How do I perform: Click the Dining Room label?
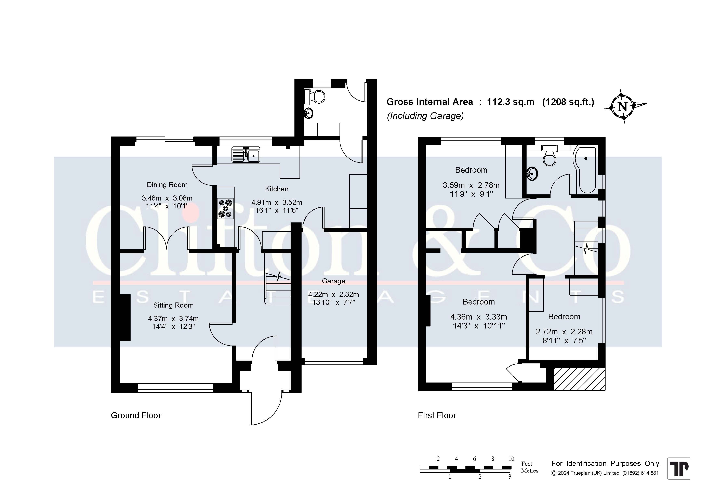(x=167, y=185)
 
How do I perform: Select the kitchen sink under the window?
(x=246, y=155)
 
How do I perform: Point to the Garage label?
(x=333, y=281)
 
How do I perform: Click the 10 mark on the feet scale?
(x=511, y=458)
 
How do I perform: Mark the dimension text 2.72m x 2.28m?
(x=564, y=332)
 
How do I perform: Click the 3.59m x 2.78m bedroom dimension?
(x=471, y=185)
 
